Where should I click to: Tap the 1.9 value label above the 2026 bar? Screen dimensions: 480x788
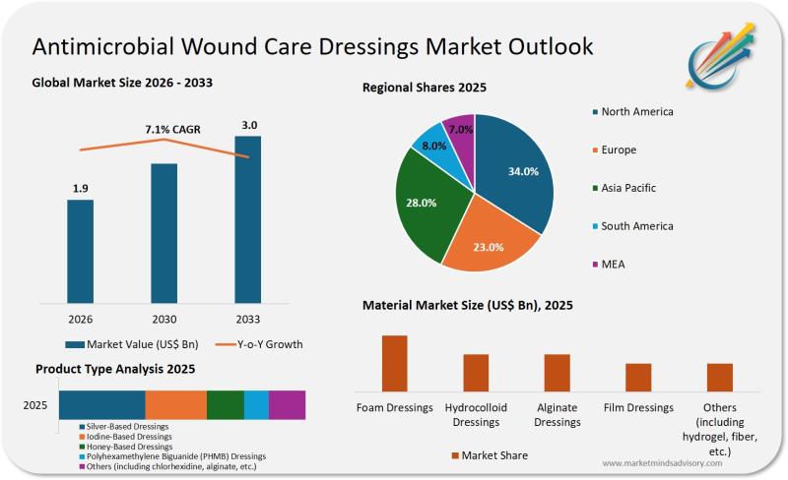tap(81, 188)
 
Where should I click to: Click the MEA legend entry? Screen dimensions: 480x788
tap(614, 264)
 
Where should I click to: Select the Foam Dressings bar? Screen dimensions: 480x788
tap(395, 364)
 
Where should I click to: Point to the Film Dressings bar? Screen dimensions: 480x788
tap(638, 378)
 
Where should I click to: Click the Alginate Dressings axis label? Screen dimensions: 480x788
tap(557, 414)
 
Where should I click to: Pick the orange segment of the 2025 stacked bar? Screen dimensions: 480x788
tap(176, 404)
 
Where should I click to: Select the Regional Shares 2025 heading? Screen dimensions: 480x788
tap(425, 88)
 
